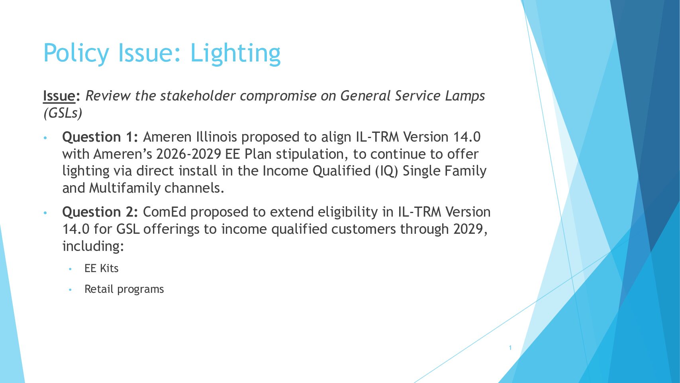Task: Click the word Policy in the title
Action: click(76, 53)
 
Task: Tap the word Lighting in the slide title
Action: click(235, 53)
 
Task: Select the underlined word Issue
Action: click(59, 96)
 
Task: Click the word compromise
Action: click(278, 97)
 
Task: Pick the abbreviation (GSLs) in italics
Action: click(63, 113)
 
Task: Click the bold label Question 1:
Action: click(100, 137)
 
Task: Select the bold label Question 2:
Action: click(100, 212)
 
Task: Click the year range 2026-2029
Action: click(188, 154)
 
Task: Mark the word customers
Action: click(363, 229)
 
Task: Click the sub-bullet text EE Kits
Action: click(102, 268)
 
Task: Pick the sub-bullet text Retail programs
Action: click(124, 289)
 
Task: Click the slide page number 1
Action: click(510, 348)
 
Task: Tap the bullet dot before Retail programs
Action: click(70, 290)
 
